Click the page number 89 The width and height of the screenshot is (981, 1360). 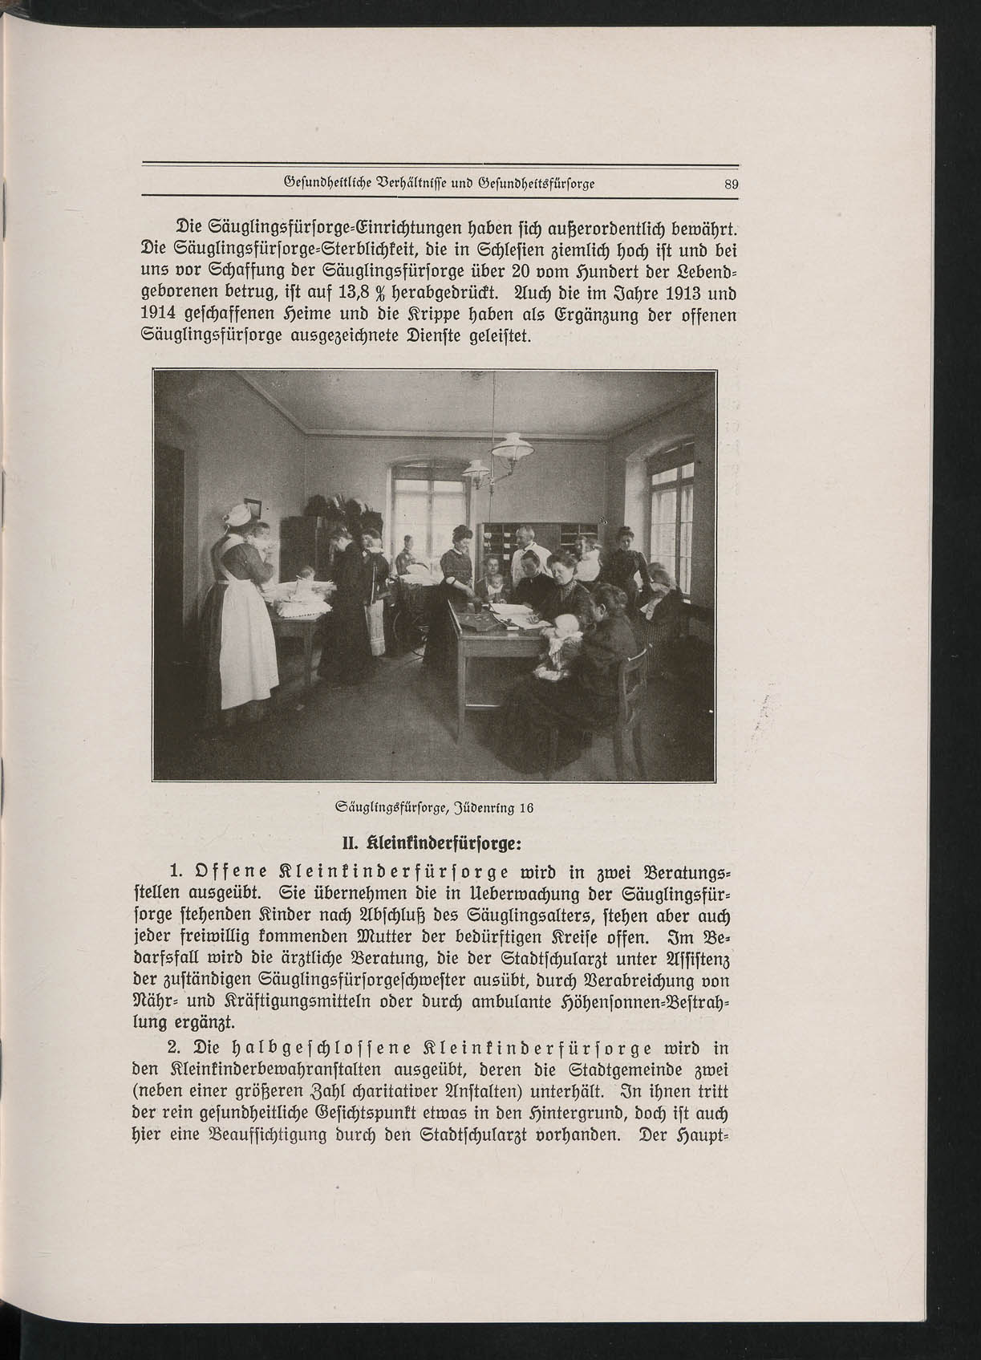tap(730, 184)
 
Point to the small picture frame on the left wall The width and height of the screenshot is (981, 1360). tap(254, 508)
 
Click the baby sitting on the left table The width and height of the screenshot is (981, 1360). tap(304, 576)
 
